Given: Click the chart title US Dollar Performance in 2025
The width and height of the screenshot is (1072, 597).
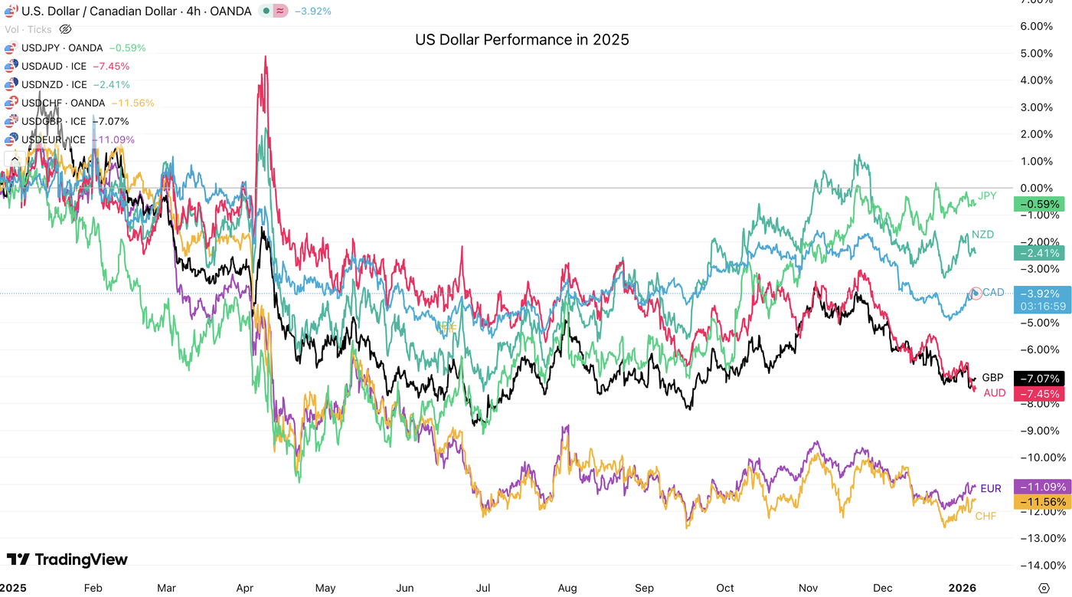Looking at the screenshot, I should (521, 39).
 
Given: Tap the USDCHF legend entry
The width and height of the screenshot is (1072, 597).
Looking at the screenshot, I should (63, 103).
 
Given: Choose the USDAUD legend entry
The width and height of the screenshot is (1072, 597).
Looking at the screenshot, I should (54, 66).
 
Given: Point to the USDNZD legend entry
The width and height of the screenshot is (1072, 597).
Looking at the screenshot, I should (54, 84).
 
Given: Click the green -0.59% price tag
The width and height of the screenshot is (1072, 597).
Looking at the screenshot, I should (1039, 205).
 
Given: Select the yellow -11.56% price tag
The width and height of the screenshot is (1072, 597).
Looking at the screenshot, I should (1039, 502).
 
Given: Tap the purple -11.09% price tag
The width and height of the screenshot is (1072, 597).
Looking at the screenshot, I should (1039, 487).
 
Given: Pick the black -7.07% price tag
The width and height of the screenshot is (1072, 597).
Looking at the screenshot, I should (1039, 379).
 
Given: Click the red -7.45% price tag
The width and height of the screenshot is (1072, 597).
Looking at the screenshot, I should (1039, 394).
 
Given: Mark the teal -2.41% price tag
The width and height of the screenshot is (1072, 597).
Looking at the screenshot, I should (1039, 253).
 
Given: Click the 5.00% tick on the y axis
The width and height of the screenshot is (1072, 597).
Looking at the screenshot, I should (1031, 54).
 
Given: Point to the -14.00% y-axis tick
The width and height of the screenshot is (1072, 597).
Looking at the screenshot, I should (1030, 566).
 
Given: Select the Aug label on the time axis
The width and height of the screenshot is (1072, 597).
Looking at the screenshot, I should (567, 588).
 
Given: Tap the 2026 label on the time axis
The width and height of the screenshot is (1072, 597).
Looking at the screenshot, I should (963, 588).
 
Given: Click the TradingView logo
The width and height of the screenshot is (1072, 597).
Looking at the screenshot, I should (67, 559).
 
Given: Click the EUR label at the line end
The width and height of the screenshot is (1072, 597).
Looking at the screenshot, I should (991, 488).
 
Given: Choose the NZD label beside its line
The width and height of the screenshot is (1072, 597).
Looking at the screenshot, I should (982, 234).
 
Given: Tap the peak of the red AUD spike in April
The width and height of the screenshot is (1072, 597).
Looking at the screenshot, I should (265, 56).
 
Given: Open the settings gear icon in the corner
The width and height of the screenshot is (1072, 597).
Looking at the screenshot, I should (1044, 588).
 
